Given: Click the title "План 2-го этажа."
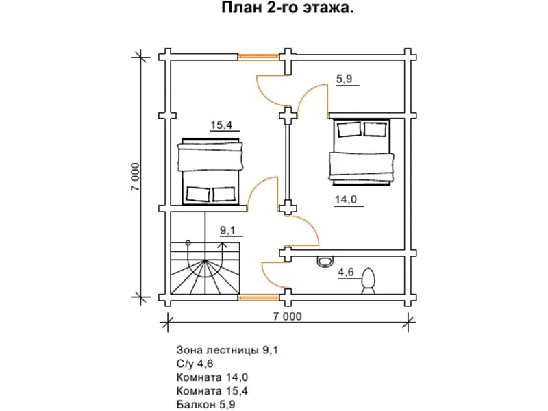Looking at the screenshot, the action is point(287,8).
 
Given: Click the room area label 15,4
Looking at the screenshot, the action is point(221,125).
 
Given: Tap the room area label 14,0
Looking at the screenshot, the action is point(346,199).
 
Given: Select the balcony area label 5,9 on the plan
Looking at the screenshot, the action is point(345,79).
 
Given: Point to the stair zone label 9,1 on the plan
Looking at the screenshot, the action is point(227,230).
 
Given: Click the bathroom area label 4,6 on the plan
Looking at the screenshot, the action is point(346,272).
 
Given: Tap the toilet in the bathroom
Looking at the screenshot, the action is point(368,281).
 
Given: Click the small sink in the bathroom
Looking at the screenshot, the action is point(325,262).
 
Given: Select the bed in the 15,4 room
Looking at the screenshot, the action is point(210,171).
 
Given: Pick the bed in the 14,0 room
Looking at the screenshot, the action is point(362,151).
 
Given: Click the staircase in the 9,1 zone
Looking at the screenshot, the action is point(205,269).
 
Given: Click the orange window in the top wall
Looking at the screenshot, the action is point(259,56).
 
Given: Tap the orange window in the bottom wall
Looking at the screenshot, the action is point(259,297).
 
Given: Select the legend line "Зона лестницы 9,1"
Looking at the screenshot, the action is point(227,350).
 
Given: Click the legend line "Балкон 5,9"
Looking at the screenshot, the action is point(206,404).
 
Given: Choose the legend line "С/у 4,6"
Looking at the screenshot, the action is point(195,364).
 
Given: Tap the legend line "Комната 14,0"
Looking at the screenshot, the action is point(212,377).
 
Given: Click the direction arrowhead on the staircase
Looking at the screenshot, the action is point(222,245).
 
